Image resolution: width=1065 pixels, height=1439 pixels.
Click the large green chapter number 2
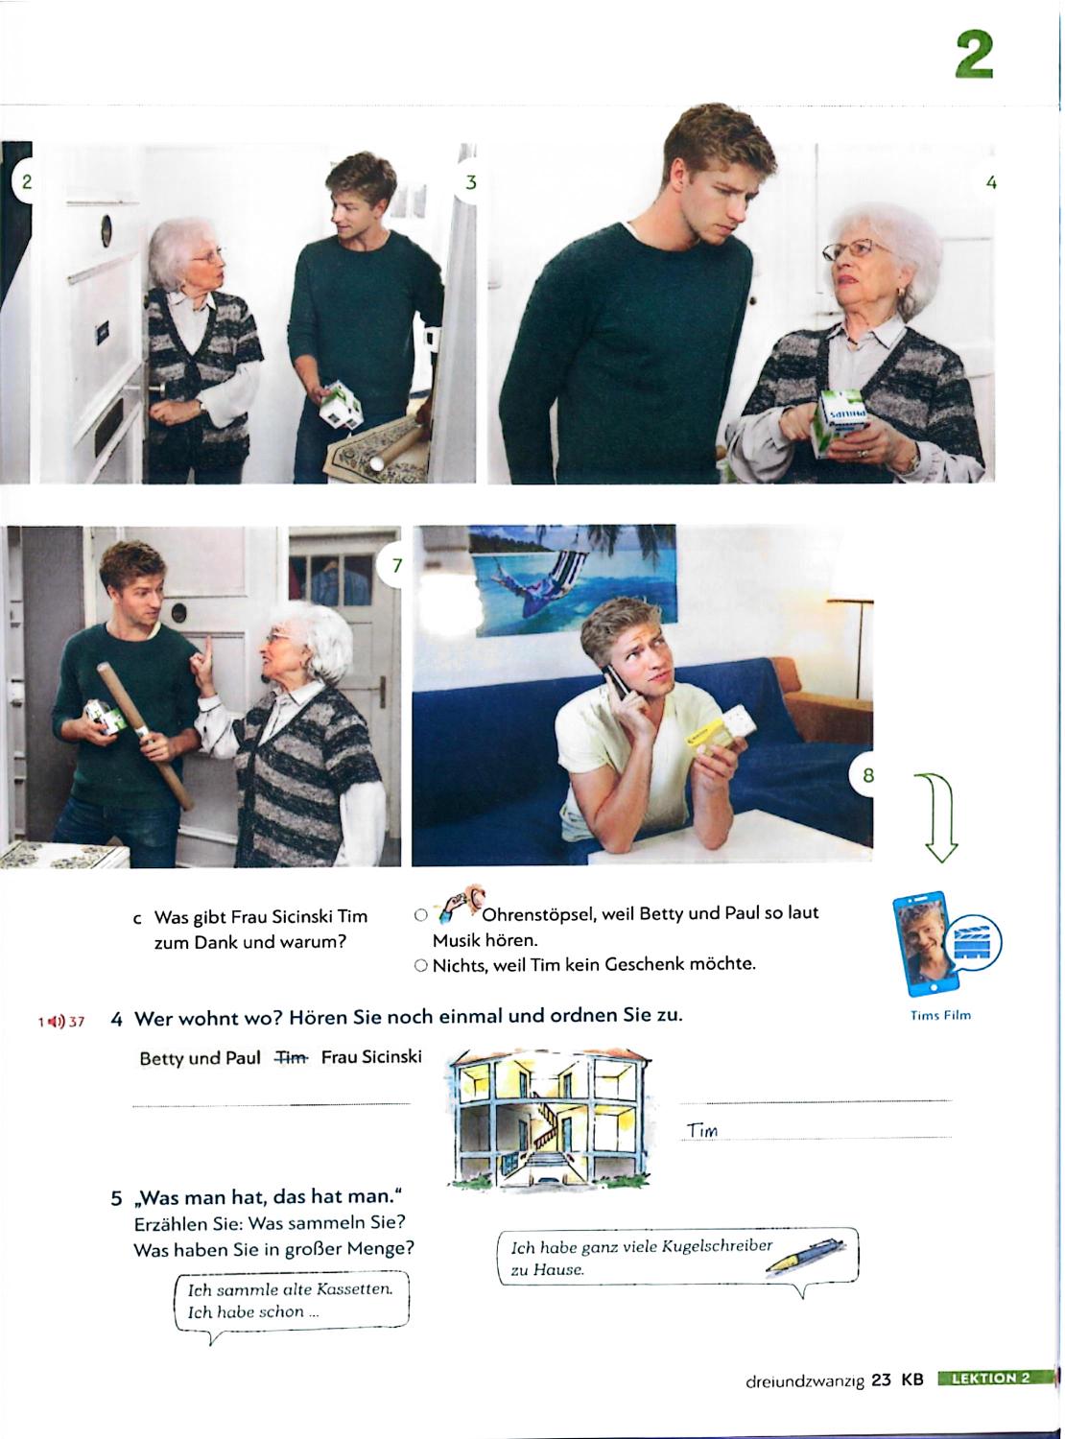974,55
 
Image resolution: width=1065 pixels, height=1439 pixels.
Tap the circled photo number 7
396,566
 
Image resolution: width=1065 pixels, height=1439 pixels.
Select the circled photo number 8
867,774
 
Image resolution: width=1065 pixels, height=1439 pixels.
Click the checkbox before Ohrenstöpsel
420,914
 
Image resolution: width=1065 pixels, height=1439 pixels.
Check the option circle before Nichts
420,965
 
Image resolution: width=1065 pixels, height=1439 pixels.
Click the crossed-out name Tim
292,1058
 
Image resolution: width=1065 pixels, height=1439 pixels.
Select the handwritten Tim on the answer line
703,1131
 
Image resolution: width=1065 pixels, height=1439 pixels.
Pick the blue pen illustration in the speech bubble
805,1256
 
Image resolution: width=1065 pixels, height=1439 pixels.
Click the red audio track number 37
77,1022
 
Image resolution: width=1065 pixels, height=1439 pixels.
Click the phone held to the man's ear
615,682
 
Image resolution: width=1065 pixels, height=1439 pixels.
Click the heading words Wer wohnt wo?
208,1019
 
